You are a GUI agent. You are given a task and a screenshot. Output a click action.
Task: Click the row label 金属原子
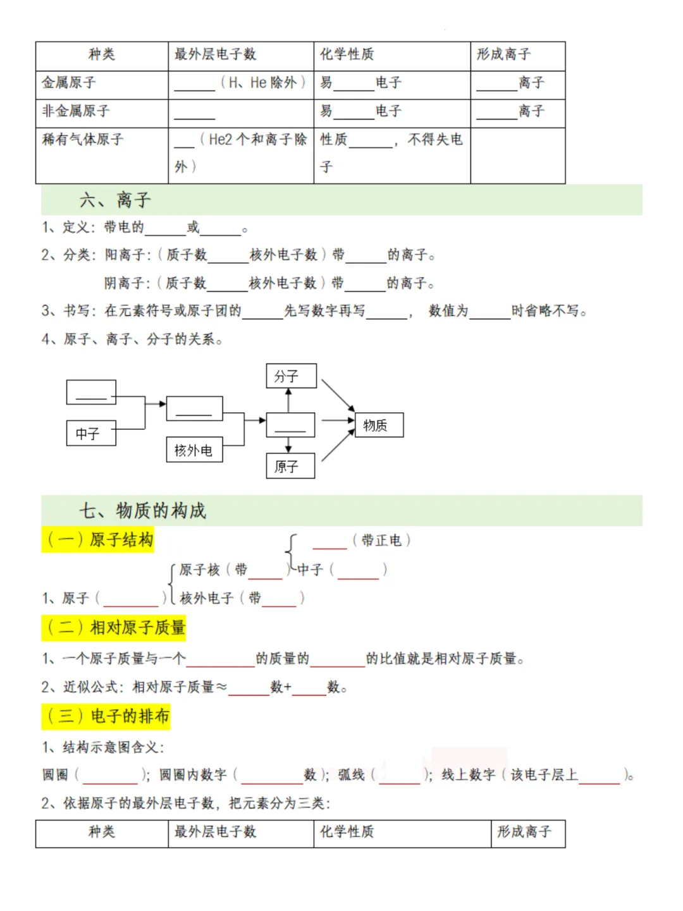click(69, 83)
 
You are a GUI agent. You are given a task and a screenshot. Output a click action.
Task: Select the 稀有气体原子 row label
click(82, 139)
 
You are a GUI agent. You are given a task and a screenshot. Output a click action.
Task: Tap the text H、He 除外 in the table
click(262, 83)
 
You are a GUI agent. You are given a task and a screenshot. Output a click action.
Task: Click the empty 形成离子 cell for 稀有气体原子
click(517, 156)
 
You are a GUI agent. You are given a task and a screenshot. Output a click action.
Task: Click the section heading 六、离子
click(115, 200)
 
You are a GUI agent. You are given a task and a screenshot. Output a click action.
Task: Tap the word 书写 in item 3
click(77, 311)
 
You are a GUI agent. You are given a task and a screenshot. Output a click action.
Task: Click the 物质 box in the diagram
click(379, 425)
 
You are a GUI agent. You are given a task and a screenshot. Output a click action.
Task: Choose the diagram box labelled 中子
click(91, 434)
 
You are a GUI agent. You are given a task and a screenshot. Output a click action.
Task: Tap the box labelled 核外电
click(194, 450)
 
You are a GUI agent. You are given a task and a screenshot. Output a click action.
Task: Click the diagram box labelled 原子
click(290, 467)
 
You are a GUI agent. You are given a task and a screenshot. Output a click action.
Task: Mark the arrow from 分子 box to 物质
click(338, 395)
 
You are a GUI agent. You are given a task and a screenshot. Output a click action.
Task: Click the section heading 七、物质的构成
click(143, 511)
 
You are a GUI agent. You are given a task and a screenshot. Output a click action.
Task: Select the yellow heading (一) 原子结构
click(98, 540)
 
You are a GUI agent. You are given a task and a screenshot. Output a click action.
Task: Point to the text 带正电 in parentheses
click(381, 541)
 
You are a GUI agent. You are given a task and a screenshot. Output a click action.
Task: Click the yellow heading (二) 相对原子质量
click(114, 628)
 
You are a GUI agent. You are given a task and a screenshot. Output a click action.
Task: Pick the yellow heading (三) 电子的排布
click(106, 716)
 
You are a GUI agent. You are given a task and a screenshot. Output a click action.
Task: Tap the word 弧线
click(351, 775)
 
